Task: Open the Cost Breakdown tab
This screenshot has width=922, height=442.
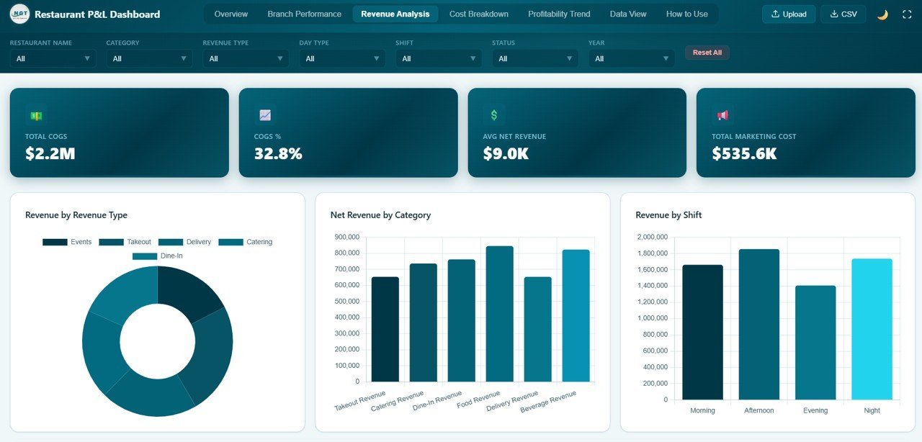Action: pos(478,14)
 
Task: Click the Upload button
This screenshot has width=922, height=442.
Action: pos(789,14)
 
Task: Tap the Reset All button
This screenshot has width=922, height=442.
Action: pos(707,53)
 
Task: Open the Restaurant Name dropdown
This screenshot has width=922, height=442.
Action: pos(53,58)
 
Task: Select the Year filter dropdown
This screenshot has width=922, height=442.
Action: pos(631,58)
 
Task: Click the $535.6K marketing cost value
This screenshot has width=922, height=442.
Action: pos(744,153)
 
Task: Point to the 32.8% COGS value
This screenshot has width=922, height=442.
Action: pos(278,153)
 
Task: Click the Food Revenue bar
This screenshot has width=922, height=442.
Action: pos(500,314)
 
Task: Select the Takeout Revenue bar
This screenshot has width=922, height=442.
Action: pos(385,329)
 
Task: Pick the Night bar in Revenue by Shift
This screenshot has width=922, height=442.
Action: pos(872,329)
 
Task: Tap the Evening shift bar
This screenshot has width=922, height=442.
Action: pos(815,343)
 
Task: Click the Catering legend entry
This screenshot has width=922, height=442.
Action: pos(246,242)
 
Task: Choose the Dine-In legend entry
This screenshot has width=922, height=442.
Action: pos(158,256)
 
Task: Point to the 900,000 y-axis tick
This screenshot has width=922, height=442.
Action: pos(347,237)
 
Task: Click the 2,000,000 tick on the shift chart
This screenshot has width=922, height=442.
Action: pos(652,237)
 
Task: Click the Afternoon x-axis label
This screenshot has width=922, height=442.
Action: pos(758,410)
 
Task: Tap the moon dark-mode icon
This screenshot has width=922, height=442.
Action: pos(882,14)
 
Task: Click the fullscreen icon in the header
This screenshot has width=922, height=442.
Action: pos(907,14)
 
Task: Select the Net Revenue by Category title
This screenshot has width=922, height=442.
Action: pos(380,215)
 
